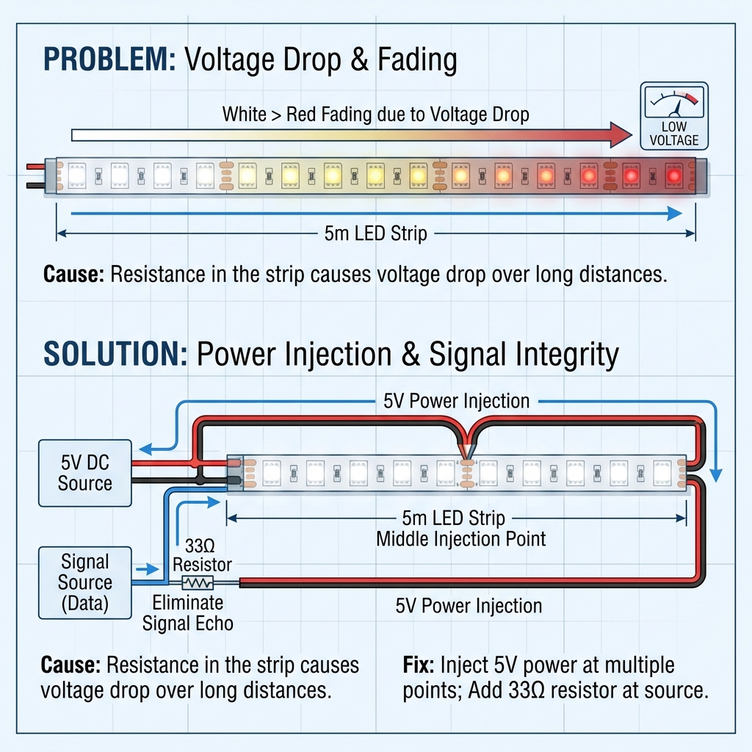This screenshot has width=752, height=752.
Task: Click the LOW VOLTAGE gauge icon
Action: click(674, 116)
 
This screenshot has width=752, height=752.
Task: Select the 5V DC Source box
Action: click(85, 473)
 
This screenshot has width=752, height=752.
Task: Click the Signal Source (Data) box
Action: click(85, 582)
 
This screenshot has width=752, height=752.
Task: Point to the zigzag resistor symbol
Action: click(198, 582)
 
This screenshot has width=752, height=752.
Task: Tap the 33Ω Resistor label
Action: click(202, 555)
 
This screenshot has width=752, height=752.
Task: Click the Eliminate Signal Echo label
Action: click(187, 613)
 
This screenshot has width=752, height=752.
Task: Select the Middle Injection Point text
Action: click(461, 539)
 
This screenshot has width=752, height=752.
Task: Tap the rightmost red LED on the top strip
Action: click(674, 176)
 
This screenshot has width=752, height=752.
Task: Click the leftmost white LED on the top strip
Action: click(77, 176)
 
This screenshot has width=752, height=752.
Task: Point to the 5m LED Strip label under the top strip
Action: click(375, 234)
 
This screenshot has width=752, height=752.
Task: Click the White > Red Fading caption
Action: click(375, 115)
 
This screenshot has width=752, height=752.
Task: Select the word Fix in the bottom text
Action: click(418, 665)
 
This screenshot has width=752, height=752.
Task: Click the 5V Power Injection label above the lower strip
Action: click(456, 401)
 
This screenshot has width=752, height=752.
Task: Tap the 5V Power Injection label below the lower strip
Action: click(469, 606)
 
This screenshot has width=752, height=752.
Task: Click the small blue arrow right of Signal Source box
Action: click(147, 569)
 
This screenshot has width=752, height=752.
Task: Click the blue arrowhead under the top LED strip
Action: click(675, 214)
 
